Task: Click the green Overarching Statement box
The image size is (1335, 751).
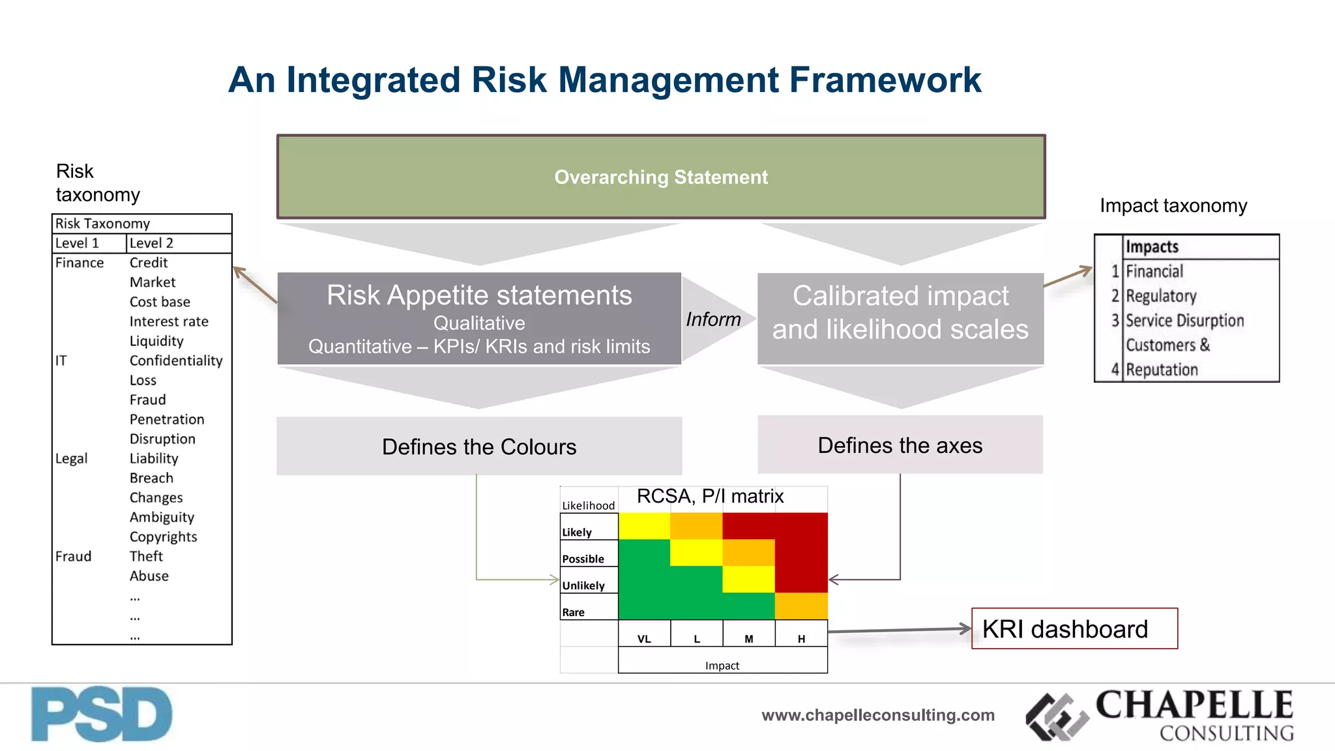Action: point(661,177)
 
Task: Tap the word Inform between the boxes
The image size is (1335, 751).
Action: point(713,319)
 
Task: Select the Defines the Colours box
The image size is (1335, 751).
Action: point(479,447)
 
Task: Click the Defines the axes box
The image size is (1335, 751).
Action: point(900,445)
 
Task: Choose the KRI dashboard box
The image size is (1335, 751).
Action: point(1074,629)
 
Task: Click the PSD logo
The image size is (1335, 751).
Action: point(102,714)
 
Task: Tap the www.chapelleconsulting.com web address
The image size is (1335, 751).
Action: point(878,715)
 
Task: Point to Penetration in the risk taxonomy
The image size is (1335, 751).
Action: point(167,419)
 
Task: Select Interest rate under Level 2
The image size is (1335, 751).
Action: point(169,321)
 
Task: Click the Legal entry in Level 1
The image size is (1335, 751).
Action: point(71,458)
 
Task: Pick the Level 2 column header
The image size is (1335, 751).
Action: point(151,243)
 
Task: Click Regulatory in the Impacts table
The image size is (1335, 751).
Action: point(1161,296)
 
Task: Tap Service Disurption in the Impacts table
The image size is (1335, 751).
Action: point(1184,321)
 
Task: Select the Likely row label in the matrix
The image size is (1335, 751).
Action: point(577,532)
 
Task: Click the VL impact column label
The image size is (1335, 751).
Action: point(644,639)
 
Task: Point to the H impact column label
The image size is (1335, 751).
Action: point(801,639)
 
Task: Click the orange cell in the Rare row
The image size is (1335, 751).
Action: point(801,606)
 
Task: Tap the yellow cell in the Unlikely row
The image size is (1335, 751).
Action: point(748,579)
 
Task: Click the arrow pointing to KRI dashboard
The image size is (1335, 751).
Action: point(900,630)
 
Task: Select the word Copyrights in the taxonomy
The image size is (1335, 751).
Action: point(163,537)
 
